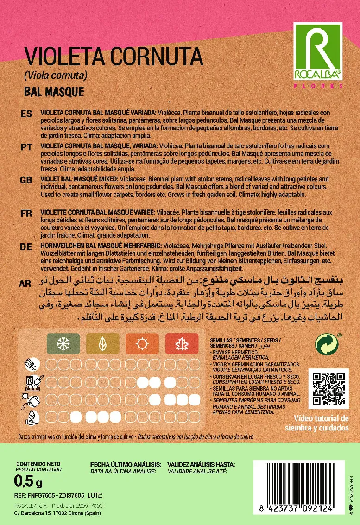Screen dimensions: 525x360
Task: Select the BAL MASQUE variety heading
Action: coord(54,91)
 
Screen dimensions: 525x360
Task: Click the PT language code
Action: coord(26,147)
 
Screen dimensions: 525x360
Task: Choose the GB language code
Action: coord(26,180)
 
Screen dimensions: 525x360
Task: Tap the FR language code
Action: coord(26,213)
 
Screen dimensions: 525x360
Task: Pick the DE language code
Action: coord(26,247)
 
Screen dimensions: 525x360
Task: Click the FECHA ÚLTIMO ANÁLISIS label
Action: coord(126,464)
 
